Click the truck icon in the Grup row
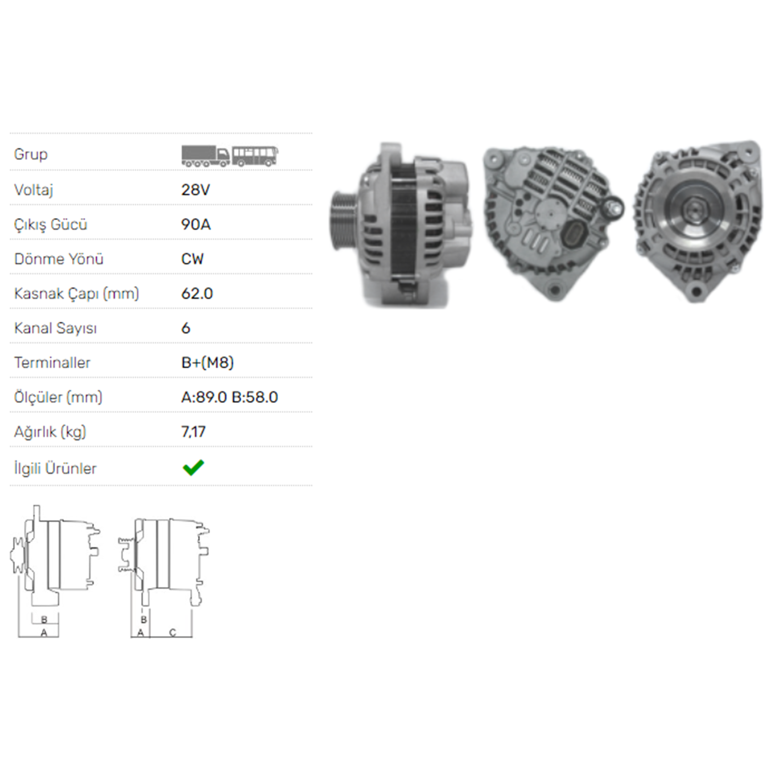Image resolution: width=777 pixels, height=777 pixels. point(205,155)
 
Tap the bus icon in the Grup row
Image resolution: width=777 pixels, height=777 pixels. point(255,155)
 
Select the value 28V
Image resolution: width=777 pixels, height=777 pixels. point(195,190)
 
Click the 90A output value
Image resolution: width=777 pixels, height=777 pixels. point(196,224)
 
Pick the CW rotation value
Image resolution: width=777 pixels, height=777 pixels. point(193,259)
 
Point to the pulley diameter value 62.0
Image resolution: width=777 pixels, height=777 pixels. point(197,294)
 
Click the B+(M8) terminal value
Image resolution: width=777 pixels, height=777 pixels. point(207,363)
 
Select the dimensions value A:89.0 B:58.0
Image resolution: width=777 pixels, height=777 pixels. point(229,397)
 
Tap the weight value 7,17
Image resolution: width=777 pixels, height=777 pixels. point(193,432)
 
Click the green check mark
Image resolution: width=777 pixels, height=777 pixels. point(193,468)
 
